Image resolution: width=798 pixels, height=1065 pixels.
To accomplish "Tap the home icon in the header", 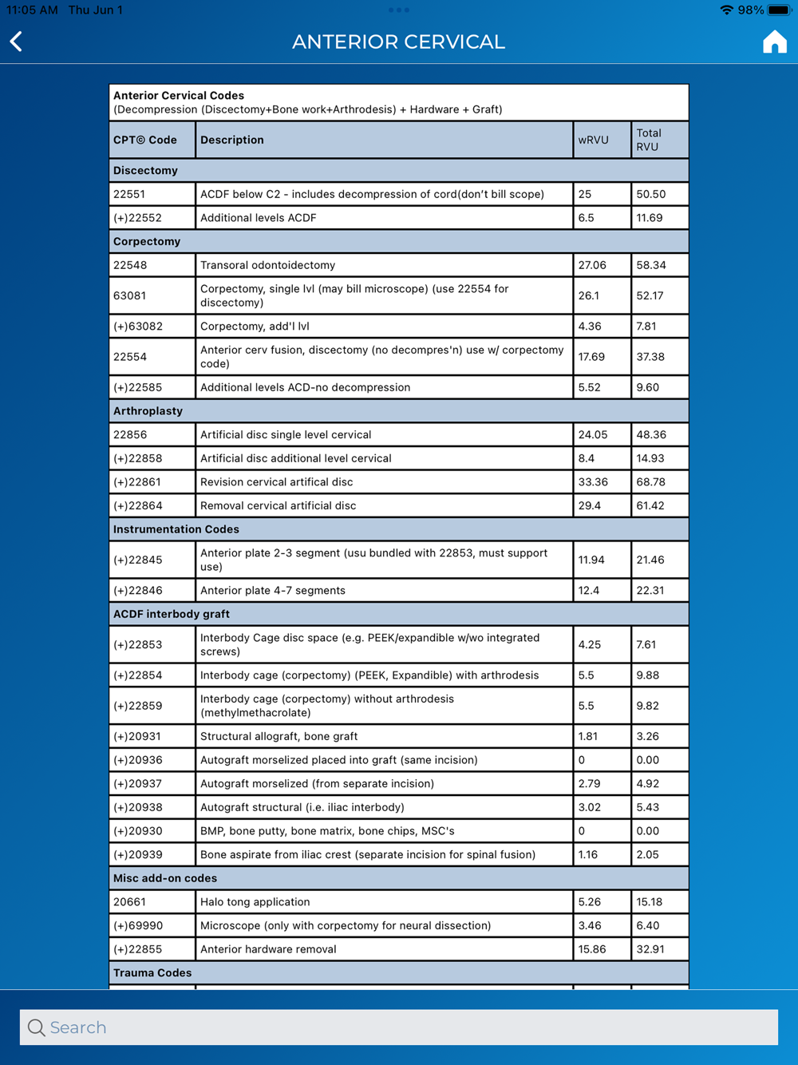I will coord(774,42).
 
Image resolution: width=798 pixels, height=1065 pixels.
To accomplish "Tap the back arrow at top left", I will coord(17,42).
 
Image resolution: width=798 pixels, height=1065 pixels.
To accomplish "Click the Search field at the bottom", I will coord(399,1027).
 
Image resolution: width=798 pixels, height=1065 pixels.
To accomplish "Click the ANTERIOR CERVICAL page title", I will coord(398,42).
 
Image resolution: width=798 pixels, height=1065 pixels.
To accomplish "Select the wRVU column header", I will coord(593,140).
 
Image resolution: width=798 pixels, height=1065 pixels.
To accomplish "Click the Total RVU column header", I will coord(649,140).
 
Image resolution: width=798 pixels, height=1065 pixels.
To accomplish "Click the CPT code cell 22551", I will coord(130,194).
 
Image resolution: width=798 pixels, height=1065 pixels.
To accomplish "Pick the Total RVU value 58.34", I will coord(651,265).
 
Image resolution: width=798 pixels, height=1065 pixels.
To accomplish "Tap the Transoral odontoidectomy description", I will coord(268,265).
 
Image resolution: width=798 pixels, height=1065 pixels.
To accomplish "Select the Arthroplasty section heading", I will coord(148,411).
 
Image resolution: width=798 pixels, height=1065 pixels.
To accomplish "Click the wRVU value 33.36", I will coord(593,482).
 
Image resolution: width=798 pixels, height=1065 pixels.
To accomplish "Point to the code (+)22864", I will coord(138,505).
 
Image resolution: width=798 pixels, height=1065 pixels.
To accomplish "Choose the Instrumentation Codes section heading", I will coord(176,529).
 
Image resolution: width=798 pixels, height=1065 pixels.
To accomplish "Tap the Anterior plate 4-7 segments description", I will coord(273,591).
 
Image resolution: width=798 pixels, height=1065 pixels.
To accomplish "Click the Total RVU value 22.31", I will coord(650,591).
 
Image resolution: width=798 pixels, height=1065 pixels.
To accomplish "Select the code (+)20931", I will coord(138,736).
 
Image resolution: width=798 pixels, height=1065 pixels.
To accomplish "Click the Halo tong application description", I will coord(255,902).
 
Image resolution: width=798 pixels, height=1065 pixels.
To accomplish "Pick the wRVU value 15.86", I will coord(592,949).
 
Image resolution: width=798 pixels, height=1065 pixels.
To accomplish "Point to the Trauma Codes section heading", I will coord(152,973).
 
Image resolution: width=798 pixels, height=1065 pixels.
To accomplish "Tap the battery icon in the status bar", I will coord(779,10).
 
